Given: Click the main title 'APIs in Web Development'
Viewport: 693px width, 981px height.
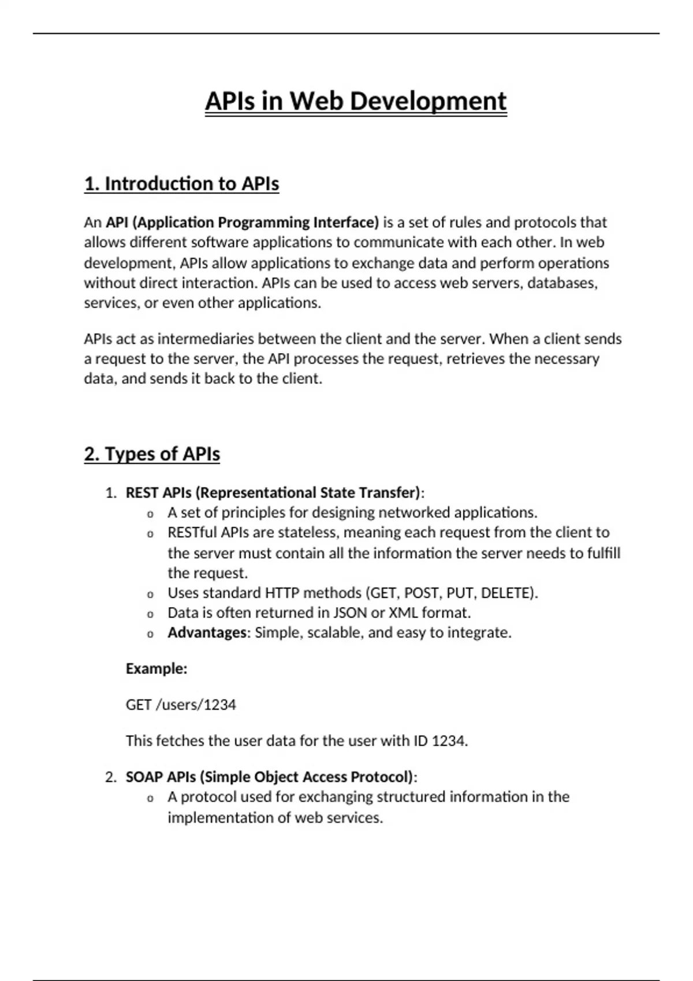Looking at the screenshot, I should click(356, 102).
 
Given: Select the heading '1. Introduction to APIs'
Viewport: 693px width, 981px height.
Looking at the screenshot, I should click(181, 184).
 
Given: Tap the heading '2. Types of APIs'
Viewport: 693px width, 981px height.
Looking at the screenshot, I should click(152, 454).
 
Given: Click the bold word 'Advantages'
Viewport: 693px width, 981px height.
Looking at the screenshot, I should click(207, 633).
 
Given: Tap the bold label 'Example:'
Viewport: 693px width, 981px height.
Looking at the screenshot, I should click(157, 669).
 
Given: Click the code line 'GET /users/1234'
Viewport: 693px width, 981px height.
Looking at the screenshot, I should click(181, 705).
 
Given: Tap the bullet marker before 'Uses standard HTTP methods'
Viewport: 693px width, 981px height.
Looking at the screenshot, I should click(150, 594).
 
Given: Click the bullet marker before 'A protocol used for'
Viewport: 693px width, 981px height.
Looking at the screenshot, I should click(150, 799).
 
